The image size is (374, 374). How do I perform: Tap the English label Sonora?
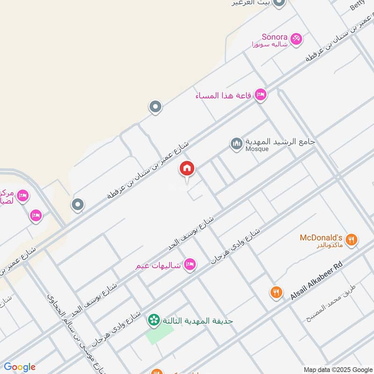[273, 36]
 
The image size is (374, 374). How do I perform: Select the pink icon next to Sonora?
[296, 39]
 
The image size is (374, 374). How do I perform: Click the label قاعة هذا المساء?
[223, 95]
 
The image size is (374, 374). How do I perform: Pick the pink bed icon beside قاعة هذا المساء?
[261, 95]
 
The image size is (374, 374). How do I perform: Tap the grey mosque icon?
[237, 144]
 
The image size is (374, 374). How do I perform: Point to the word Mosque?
[257, 149]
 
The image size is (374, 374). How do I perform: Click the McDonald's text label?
[321, 237]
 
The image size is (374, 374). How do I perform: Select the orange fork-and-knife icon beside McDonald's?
[352, 240]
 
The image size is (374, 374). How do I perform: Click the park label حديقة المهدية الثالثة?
[197, 321]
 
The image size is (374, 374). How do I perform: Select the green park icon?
[152, 320]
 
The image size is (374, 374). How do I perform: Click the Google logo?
[19, 367]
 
